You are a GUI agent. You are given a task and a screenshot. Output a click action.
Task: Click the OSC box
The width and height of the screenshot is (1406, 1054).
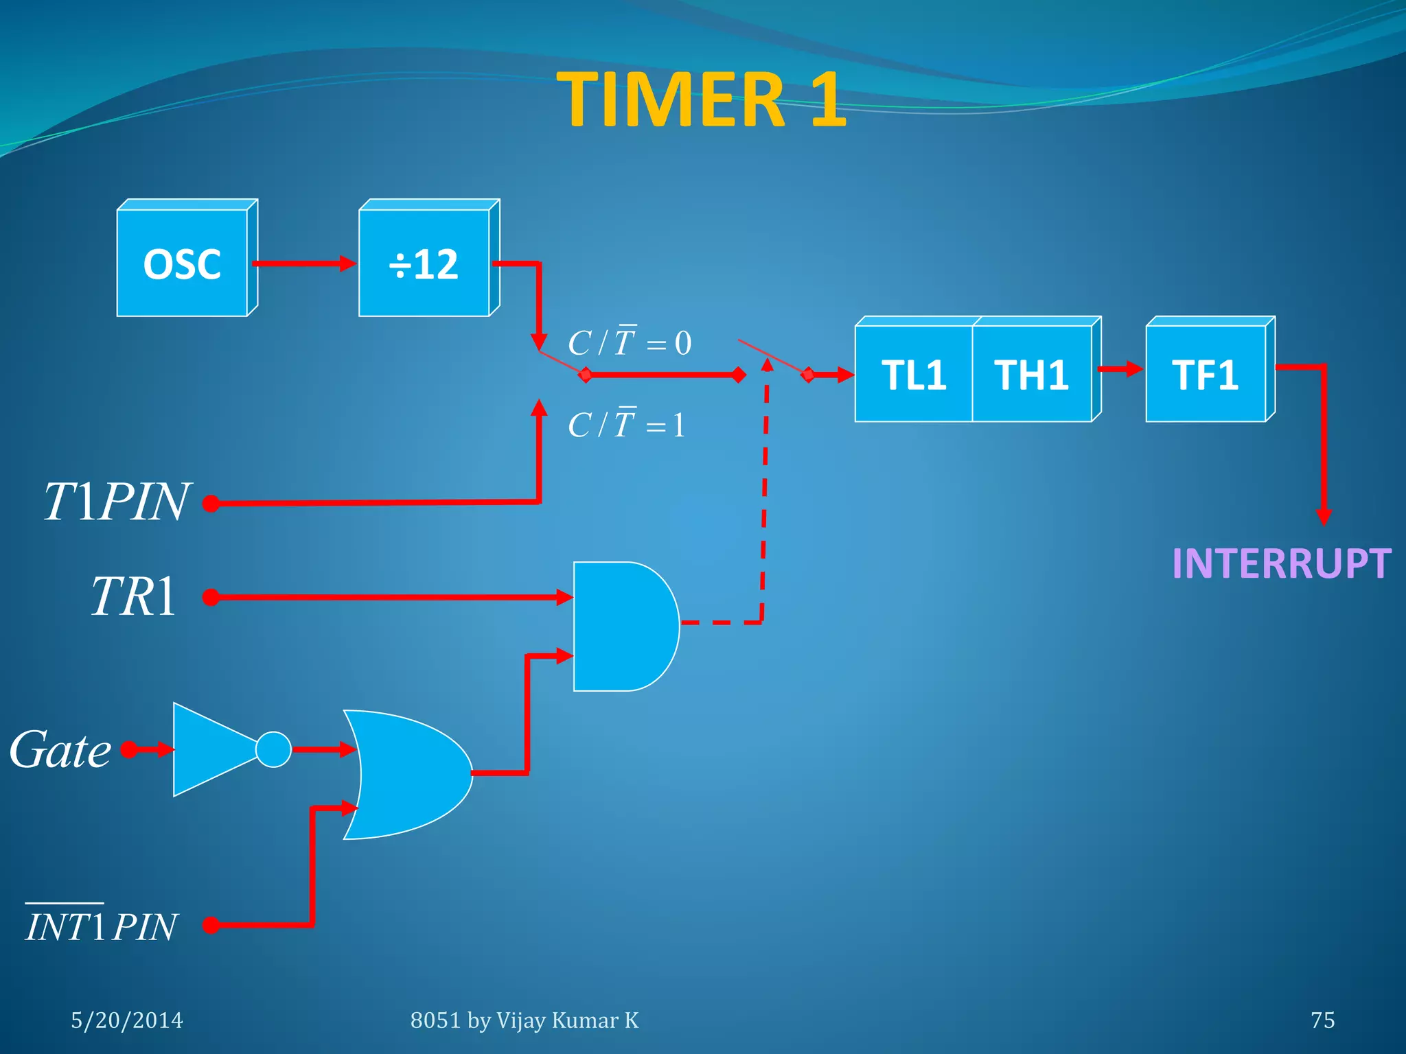tap(183, 263)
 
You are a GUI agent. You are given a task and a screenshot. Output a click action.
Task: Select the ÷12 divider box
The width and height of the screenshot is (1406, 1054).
tap(424, 263)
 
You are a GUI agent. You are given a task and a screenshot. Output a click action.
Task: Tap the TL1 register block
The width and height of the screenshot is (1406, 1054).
tap(914, 375)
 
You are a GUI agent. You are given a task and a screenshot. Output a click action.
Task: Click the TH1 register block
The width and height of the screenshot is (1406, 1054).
tap(1031, 375)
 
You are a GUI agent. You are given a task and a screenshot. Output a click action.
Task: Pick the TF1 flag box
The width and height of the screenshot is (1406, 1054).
tap(1206, 375)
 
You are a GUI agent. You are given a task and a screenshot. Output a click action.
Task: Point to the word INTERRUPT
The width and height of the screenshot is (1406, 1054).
tap(1281, 563)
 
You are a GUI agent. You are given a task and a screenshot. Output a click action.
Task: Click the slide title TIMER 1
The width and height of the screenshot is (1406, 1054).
tap(702, 100)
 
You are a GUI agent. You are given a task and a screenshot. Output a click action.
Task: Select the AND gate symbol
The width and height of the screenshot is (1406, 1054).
tap(622, 626)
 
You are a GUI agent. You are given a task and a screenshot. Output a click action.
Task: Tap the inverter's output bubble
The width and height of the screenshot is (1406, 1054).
tap(273, 749)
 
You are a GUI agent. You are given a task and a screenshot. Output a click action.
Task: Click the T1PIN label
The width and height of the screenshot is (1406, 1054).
tap(115, 502)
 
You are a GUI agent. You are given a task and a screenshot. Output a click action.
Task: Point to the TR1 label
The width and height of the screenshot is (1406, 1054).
tap(134, 596)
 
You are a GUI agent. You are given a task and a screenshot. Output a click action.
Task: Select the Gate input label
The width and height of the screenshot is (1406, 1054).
tap(60, 749)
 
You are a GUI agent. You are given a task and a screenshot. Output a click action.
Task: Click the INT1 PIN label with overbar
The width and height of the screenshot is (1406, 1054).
tap(102, 926)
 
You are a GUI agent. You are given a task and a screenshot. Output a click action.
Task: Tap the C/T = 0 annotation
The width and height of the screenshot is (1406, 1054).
tap(630, 342)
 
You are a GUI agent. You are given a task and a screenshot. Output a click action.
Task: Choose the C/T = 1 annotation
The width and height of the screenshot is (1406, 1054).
tap(626, 424)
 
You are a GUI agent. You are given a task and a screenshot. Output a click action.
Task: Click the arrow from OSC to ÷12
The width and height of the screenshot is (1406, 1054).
tap(304, 263)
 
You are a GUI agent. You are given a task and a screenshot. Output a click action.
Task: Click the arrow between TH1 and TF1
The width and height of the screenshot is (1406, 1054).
tap(1120, 369)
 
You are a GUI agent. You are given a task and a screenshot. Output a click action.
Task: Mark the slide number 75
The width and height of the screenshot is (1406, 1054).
tap(1322, 1020)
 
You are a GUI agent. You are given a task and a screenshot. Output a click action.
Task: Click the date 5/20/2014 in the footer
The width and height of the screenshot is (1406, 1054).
tap(127, 1020)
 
